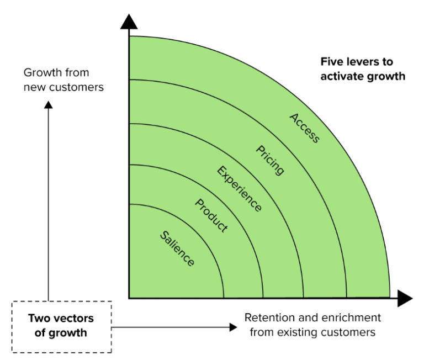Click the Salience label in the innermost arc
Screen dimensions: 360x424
pyautogui.click(x=177, y=249)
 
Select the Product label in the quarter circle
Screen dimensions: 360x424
pyautogui.click(x=211, y=215)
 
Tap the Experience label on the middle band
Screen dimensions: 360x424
pyautogui.click(x=239, y=189)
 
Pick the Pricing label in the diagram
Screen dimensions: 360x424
pyautogui.click(x=271, y=160)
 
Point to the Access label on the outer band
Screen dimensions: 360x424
pyautogui.click(x=304, y=128)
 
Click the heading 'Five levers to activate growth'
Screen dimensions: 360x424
pyautogui.click(x=363, y=69)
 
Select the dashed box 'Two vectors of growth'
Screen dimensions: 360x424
pyautogui.click(x=61, y=326)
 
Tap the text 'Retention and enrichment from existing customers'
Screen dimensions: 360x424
pyautogui.click(x=312, y=325)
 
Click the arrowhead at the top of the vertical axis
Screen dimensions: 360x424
pyautogui.click(x=129, y=22)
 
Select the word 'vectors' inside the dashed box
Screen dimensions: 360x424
pyautogui.click(x=71, y=319)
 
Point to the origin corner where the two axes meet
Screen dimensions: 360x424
pyautogui.click(x=129, y=299)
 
